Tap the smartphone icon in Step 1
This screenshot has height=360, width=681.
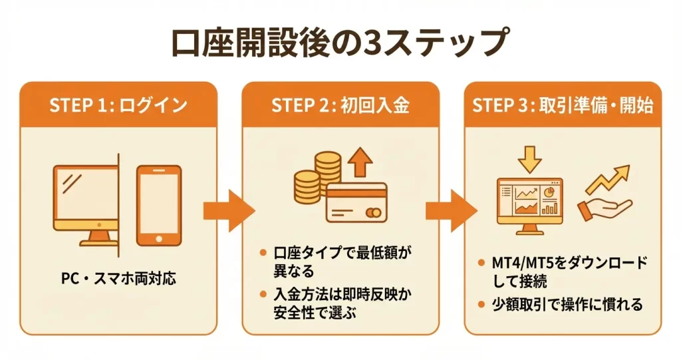[158, 205]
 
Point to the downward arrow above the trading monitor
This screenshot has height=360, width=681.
[529, 158]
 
